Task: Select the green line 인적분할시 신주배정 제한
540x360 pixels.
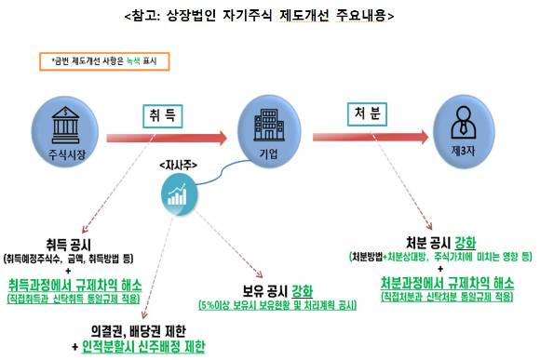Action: pyautogui.click(x=142, y=346)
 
